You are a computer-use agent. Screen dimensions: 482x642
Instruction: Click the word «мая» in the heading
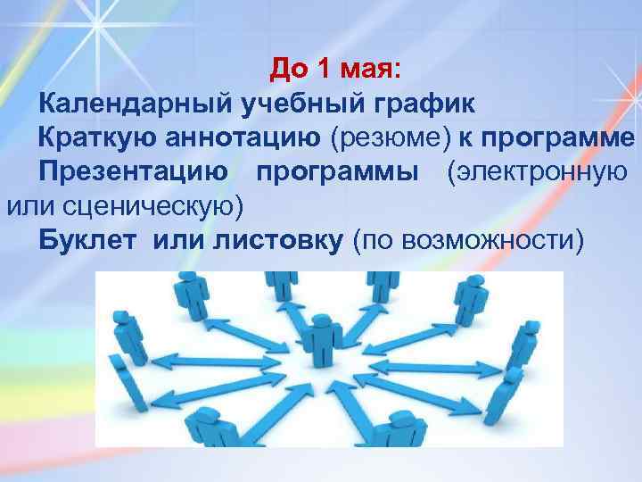377,70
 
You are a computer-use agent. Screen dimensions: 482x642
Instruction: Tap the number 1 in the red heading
330,70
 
